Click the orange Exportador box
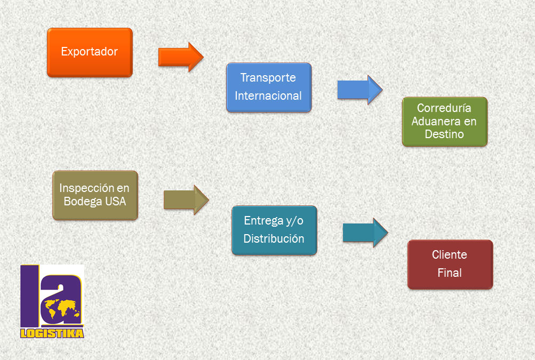tap(90, 53)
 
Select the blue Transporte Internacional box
tap(269, 87)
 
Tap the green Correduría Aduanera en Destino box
tap(444, 122)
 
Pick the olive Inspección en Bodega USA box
tap(95, 195)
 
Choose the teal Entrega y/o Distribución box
tap(274, 230)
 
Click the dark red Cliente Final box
tap(450, 265)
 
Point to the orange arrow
tap(181, 57)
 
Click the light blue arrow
tap(360, 90)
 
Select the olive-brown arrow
tap(186, 200)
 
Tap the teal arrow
tap(365, 233)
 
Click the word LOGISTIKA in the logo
tap(52, 333)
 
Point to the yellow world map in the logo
tap(62, 309)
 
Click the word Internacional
tap(268, 96)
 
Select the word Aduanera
tap(436, 121)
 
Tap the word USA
tap(116, 201)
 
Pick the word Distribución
tap(274, 238)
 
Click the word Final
tap(450, 273)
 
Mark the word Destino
tap(444, 134)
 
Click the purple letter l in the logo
tap(29, 296)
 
